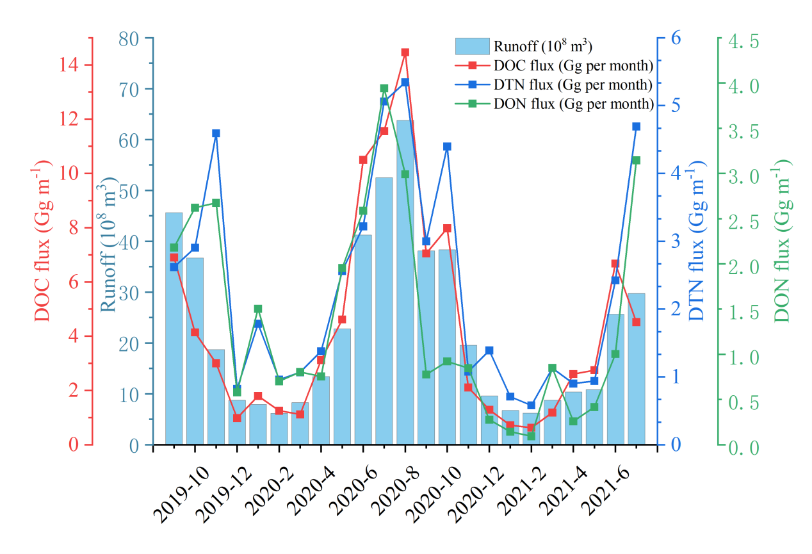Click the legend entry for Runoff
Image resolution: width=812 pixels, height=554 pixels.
(542, 46)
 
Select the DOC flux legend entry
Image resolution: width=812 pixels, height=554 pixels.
(573, 65)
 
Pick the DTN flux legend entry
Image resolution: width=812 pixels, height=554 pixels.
(573, 85)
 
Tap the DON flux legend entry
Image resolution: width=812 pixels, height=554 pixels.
(573, 104)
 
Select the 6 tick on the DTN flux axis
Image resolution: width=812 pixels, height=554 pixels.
(676, 38)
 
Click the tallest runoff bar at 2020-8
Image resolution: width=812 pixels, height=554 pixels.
(405, 282)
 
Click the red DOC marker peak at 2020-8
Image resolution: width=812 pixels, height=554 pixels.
(405, 52)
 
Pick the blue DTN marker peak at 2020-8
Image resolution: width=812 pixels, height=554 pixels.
(405, 82)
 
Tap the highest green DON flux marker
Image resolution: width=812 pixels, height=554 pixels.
(384, 88)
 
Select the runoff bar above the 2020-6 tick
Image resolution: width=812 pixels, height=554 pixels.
(363, 339)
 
